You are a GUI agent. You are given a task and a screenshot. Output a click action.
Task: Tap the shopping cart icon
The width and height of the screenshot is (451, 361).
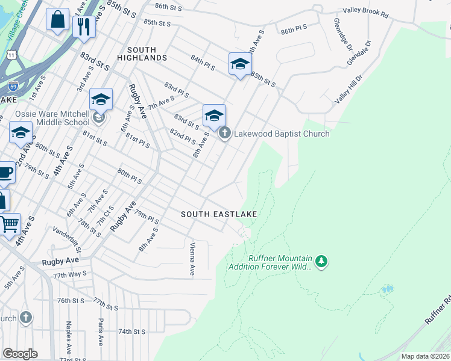[9, 224]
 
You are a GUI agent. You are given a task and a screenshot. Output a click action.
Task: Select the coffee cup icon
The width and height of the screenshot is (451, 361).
[4, 173]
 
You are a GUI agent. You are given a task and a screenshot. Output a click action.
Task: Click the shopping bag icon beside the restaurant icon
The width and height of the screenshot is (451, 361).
[57, 19]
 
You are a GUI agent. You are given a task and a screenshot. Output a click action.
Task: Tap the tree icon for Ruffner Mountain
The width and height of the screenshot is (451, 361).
[321, 261]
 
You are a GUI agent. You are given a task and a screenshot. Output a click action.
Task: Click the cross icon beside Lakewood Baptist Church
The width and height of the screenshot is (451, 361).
[224, 133]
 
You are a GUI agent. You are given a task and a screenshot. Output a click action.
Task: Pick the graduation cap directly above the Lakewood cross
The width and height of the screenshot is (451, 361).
[214, 116]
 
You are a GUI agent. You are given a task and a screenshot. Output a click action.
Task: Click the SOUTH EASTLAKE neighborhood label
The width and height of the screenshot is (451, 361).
[219, 214]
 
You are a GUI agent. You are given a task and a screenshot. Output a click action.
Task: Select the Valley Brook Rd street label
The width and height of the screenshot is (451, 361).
[367, 11]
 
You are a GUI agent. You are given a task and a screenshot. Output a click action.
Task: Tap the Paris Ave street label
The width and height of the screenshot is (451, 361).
[100, 331]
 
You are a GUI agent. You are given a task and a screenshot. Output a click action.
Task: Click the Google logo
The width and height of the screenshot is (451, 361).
[20, 354]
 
